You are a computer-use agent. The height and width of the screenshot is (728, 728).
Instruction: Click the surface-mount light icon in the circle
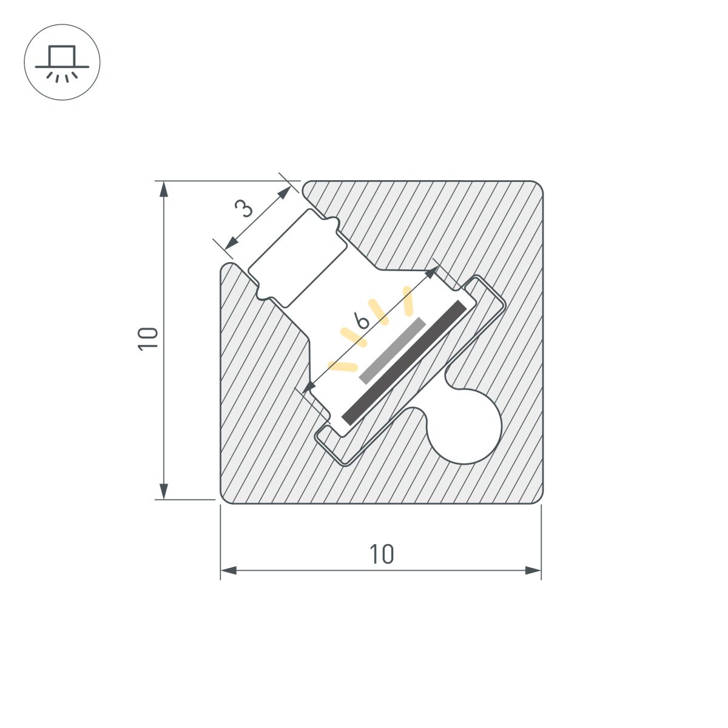(x=62, y=62)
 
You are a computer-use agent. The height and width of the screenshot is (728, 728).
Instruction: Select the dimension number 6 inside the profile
(x=362, y=320)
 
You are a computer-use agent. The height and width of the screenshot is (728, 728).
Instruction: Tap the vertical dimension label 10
(x=148, y=338)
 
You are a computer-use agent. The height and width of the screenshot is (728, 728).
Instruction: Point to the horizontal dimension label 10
(x=382, y=554)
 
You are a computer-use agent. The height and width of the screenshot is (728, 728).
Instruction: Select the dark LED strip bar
(x=404, y=362)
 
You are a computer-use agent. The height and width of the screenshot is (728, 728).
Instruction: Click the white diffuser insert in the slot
(x=298, y=258)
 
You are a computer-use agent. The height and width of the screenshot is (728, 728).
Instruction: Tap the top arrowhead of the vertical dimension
(x=163, y=189)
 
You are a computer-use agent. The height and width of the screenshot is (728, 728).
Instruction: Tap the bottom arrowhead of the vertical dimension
(x=163, y=491)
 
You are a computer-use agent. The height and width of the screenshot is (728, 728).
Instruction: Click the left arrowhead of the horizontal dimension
(x=228, y=570)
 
